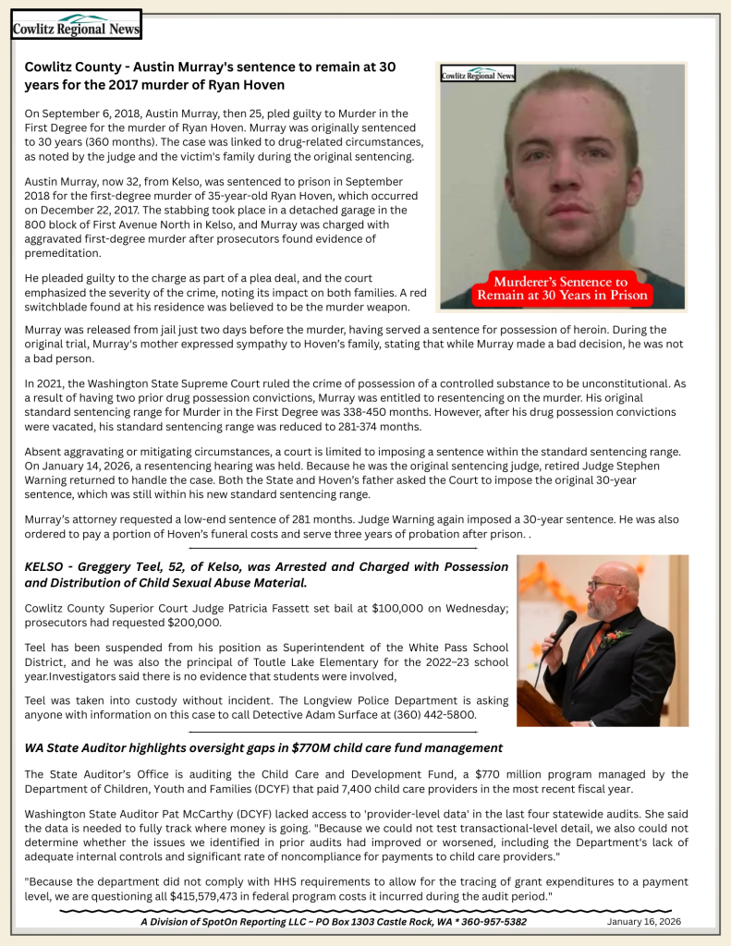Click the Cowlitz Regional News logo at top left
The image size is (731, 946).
pyautogui.click(x=76, y=25)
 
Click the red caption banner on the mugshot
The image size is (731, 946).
pyautogui.click(x=561, y=289)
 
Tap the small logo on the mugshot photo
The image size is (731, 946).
pyautogui.click(x=478, y=75)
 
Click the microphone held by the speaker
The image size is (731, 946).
pyautogui.click(x=563, y=624)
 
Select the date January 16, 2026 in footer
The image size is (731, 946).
pyautogui.click(x=644, y=922)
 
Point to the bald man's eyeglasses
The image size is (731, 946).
pyautogui.click(x=603, y=584)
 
